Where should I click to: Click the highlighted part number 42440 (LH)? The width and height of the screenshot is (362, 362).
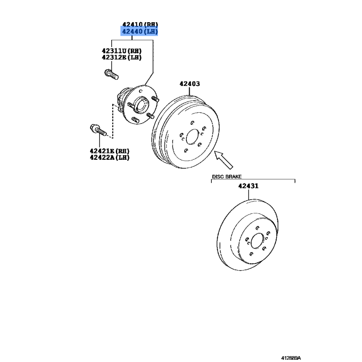(139, 31)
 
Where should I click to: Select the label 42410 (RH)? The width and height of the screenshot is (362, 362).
(140, 24)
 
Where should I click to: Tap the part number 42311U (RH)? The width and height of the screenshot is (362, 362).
(122, 51)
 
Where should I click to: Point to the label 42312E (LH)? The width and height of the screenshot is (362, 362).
(122, 57)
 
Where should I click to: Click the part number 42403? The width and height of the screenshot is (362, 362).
(190, 84)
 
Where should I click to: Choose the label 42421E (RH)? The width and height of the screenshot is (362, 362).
(110, 151)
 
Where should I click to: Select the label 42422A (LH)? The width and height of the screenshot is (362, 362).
(110, 157)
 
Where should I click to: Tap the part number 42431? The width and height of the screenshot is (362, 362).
(248, 186)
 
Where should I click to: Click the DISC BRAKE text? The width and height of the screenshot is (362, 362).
(227, 176)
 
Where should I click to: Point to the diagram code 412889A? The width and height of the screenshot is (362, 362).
(291, 358)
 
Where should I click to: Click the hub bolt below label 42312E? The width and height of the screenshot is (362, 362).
(111, 74)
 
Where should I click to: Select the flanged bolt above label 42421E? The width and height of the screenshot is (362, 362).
(98, 130)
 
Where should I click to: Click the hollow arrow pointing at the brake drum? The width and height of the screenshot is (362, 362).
(224, 160)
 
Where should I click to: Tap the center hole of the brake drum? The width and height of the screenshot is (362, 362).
(193, 137)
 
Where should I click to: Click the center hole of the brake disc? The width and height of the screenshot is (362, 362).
(257, 241)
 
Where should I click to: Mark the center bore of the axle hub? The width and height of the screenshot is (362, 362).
(141, 105)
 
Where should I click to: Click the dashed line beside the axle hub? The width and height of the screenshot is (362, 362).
(113, 121)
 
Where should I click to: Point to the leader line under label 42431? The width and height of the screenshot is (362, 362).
(248, 195)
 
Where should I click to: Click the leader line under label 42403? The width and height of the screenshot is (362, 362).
(190, 91)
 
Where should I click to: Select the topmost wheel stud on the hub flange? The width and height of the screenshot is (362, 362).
(155, 99)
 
